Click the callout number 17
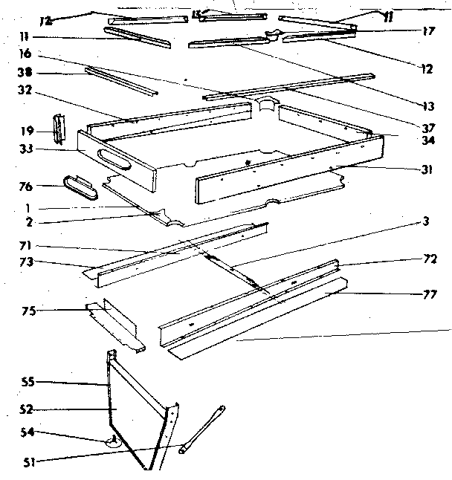click(x=427, y=32)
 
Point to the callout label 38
click(x=24, y=74)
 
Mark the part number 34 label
click(x=426, y=140)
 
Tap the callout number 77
click(x=429, y=294)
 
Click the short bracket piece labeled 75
click(x=116, y=325)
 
